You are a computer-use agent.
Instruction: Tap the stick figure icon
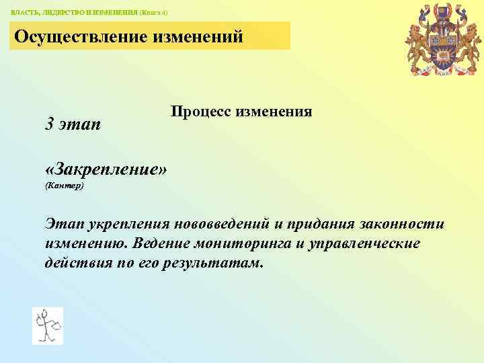pos(47,325)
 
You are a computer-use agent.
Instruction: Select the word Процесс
pos(200,112)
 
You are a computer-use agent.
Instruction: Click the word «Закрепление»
pos(106,168)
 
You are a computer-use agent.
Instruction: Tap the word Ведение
pos(160,243)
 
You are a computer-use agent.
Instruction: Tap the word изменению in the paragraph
pos(86,243)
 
